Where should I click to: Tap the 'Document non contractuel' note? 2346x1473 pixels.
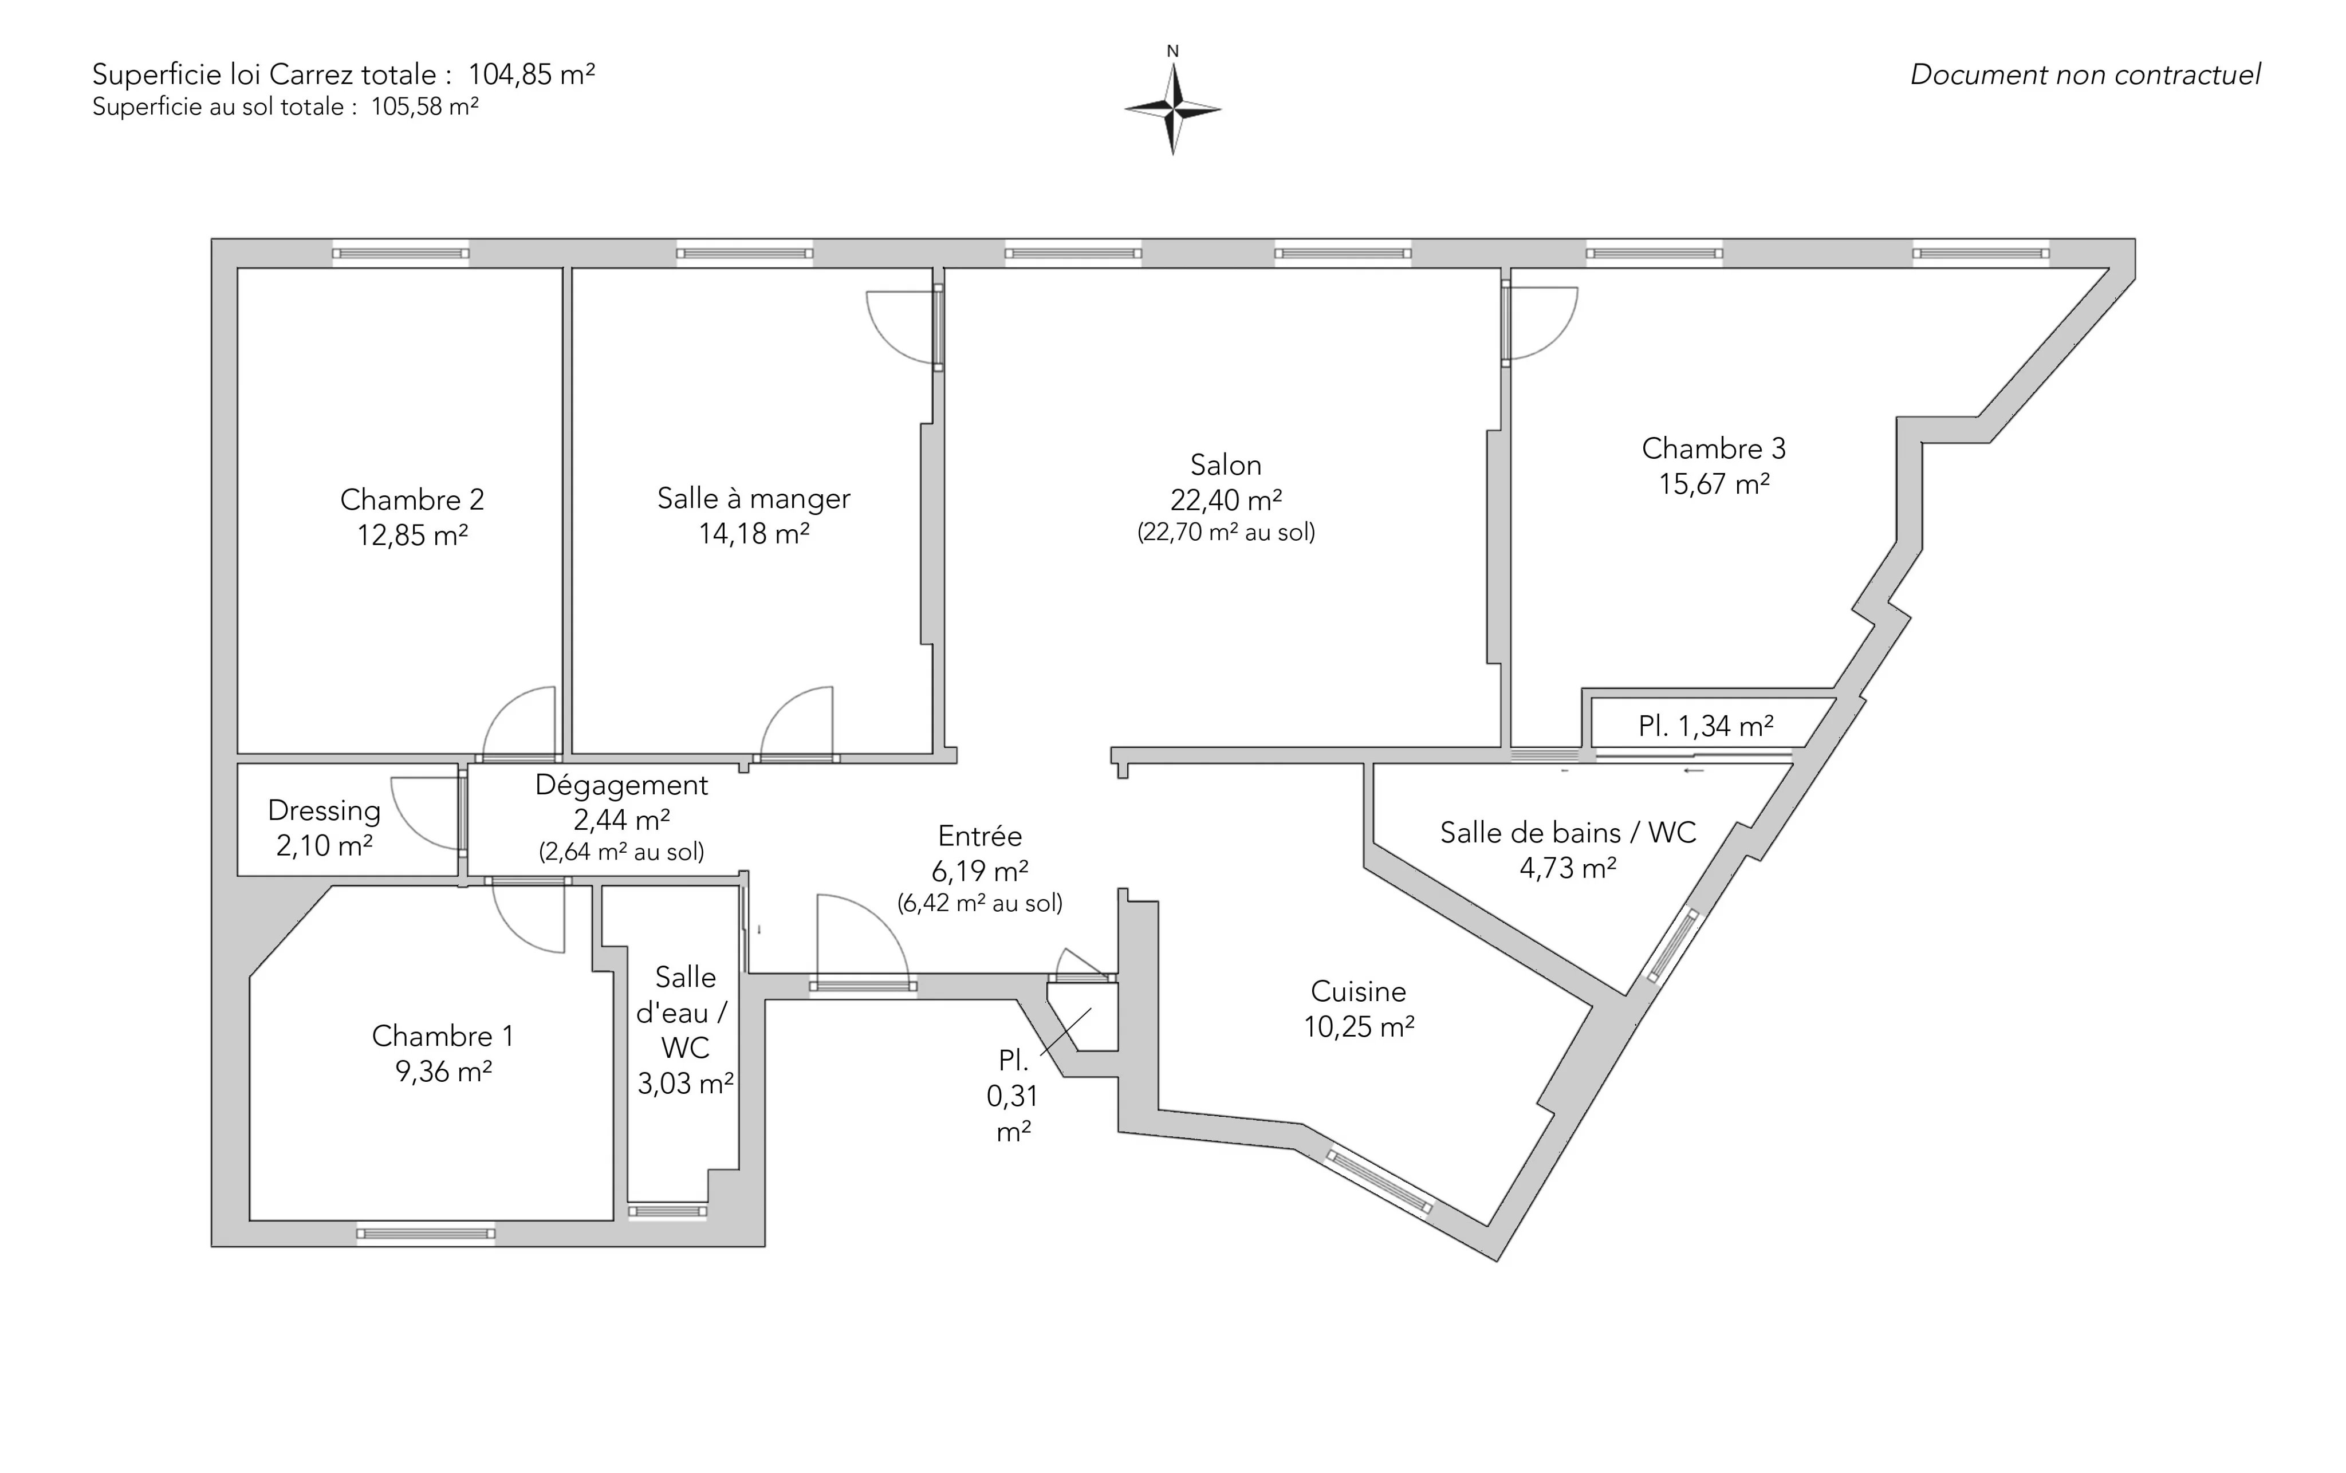point(2085,75)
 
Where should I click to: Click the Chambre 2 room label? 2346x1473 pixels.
point(412,500)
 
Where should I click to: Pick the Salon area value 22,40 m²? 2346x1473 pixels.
point(1226,500)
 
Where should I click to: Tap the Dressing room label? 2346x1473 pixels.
point(324,810)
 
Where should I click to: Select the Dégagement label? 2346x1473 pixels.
point(621,785)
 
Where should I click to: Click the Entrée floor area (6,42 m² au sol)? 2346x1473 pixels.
point(980,903)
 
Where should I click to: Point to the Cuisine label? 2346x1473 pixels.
point(1358,992)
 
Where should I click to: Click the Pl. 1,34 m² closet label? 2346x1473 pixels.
point(1706,726)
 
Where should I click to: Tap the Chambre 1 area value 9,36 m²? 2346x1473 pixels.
point(443,1072)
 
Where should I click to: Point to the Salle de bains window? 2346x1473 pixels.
point(1673,945)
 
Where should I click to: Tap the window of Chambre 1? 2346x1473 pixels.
point(426,1234)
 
